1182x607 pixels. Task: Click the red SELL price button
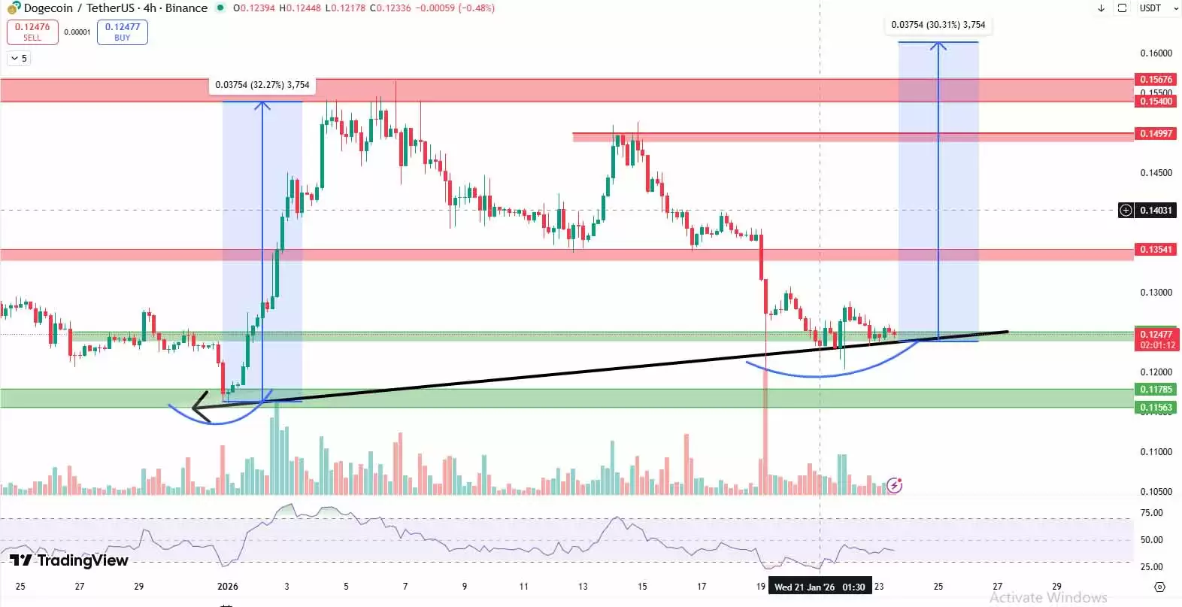[x=32, y=32]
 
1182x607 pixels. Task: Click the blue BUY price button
[x=122, y=32]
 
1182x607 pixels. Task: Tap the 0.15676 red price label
[x=1156, y=79]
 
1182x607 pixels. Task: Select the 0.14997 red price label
[x=1156, y=134]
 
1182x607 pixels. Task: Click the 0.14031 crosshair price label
[x=1156, y=211]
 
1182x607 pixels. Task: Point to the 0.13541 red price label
[x=1156, y=250]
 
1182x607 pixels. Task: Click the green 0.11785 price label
[x=1156, y=390]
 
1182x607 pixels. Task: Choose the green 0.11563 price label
[x=1156, y=408]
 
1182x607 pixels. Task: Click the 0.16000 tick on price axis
[x=1156, y=53]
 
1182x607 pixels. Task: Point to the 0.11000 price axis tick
[x=1156, y=452]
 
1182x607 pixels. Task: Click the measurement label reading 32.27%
[x=262, y=85]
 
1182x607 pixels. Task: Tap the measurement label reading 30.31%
[x=938, y=25]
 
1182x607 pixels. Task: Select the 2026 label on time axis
[x=227, y=587]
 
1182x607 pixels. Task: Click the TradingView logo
[x=69, y=560]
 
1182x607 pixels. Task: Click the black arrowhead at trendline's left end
[x=199, y=408]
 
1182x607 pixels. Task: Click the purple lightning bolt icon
[x=894, y=485]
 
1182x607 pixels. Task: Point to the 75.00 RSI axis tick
[x=1151, y=513]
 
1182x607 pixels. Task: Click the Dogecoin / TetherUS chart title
[x=115, y=8]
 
